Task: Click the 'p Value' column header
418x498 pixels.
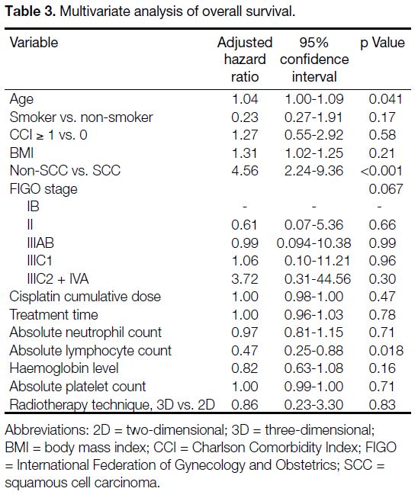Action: [x=382, y=43]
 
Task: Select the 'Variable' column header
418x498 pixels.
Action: [x=34, y=42]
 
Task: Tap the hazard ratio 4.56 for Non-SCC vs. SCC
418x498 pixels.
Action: [x=245, y=171]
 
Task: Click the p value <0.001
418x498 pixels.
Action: [x=381, y=171]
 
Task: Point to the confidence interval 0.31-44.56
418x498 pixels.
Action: [x=317, y=279]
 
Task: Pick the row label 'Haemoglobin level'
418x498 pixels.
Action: [x=64, y=368]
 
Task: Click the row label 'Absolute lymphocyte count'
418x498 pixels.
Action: [x=91, y=351]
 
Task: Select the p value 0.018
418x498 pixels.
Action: [x=386, y=351]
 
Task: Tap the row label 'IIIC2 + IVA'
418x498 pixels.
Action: [x=58, y=279]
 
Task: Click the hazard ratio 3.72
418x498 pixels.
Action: [x=245, y=279]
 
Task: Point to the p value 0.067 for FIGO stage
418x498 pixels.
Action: [x=386, y=189]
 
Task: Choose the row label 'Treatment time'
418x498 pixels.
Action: [x=53, y=315]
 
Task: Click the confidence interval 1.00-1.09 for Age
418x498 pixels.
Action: [x=314, y=99]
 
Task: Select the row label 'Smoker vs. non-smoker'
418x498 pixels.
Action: [x=82, y=117]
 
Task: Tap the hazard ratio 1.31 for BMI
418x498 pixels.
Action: [x=245, y=153]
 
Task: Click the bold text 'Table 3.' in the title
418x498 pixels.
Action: [x=31, y=11]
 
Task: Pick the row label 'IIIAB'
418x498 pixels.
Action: [x=40, y=243]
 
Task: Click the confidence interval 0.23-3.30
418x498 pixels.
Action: [x=313, y=405]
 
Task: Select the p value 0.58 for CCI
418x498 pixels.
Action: [x=382, y=135]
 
